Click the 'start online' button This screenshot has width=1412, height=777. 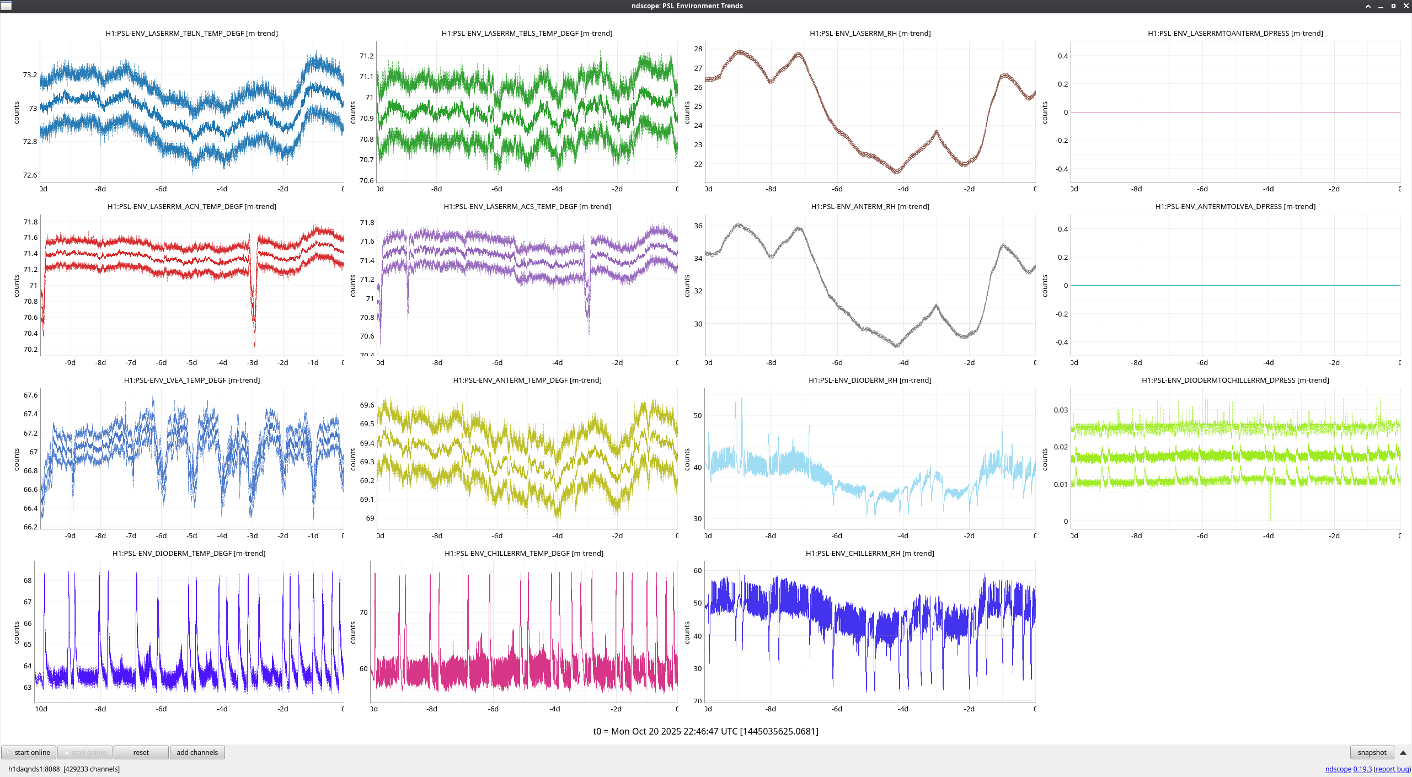tap(29, 752)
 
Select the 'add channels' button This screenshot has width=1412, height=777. tap(197, 752)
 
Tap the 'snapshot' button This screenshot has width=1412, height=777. tap(1371, 752)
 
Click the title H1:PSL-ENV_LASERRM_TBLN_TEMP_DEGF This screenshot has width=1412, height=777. tap(191, 34)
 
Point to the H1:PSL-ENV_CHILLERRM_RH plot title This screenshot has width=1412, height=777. tap(869, 553)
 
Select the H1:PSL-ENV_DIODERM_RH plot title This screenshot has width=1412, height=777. tap(869, 380)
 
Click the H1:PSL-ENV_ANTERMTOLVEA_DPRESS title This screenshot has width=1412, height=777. tap(1235, 207)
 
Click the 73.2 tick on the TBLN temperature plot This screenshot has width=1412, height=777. tap(30, 75)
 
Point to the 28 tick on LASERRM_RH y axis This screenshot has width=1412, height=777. tap(698, 49)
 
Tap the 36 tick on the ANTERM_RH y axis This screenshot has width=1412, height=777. tap(698, 226)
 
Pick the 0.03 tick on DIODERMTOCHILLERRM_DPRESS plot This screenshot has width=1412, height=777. tap(1060, 410)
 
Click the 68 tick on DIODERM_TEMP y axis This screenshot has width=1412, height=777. tap(28, 581)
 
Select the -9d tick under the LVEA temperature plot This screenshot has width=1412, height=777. tap(70, 536)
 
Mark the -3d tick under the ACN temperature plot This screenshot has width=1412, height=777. tap(252, 363)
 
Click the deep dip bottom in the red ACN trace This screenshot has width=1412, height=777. tap(254, 345)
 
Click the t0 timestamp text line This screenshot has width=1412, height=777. tap(705, 731)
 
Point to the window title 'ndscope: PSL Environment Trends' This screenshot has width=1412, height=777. tap(687, 6)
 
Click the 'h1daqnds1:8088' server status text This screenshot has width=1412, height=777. tap(34, 769)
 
